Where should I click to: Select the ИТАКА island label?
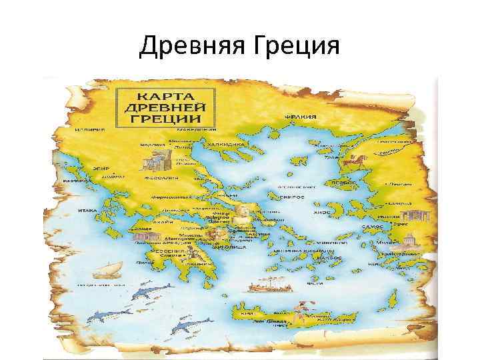coord(88,211)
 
